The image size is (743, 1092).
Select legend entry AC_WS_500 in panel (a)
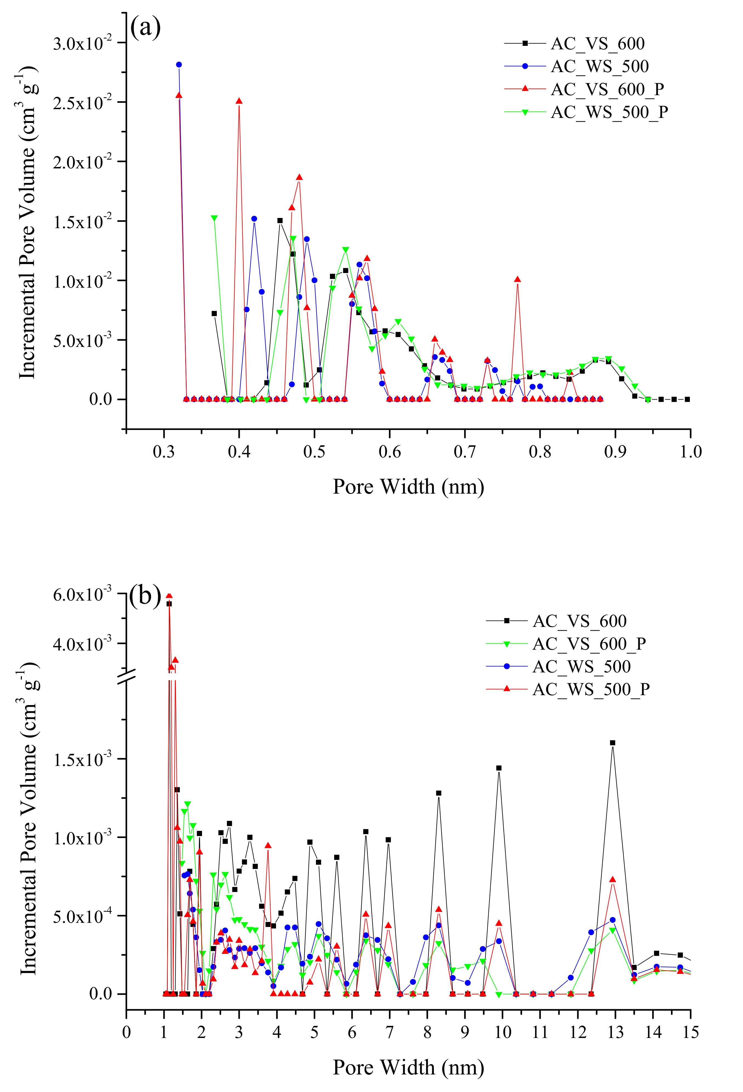(x=599, y=66)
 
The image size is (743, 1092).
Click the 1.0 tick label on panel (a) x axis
(x=690, y=452)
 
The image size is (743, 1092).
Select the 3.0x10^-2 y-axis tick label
(x=82, y=44)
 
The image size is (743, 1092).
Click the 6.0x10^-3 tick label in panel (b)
(x=82, y=595)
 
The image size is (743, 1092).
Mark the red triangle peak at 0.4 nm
(x=239, y=101)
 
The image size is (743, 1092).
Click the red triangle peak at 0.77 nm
(x=517, y=279)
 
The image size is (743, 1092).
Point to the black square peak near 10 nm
(x=499, y=768)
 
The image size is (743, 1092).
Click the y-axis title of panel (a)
(x=27, y=221)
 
